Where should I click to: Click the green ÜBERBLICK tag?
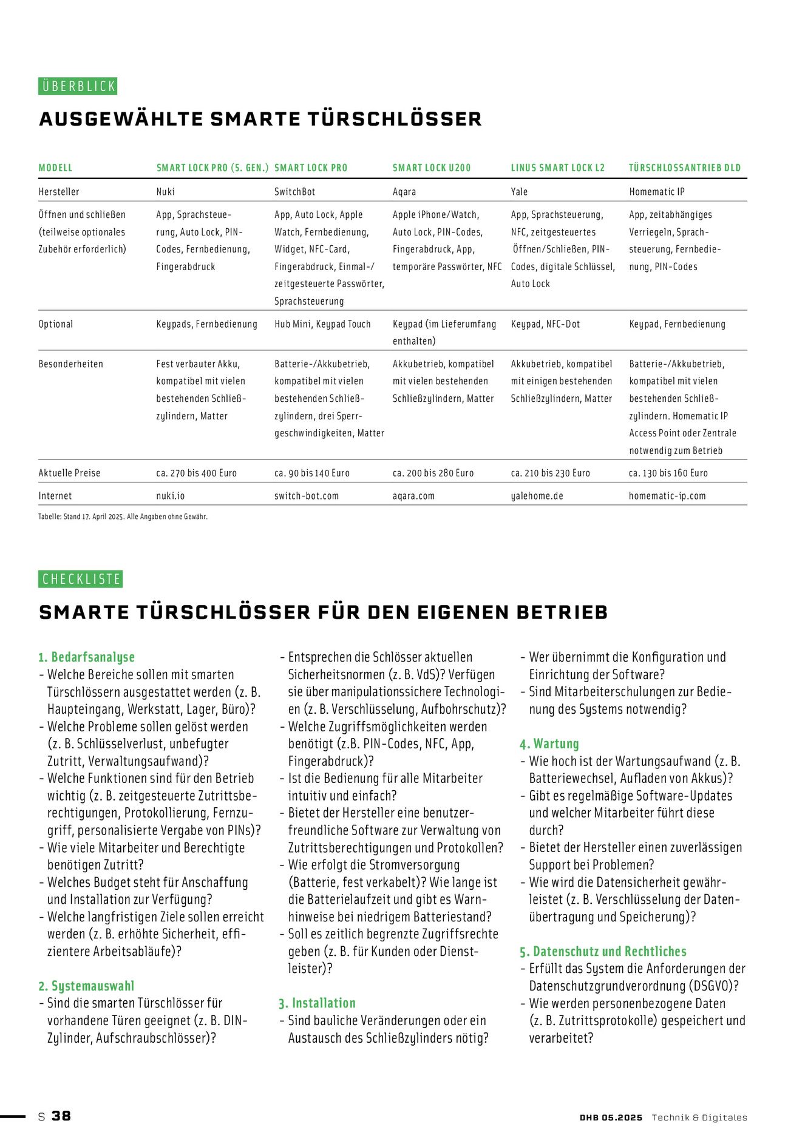click(78, 86)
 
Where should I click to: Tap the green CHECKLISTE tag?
click(80, 579)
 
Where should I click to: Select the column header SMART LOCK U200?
click(431, 168)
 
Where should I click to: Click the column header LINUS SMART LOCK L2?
click(557, 168)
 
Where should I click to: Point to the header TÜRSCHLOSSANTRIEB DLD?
click(684, 168)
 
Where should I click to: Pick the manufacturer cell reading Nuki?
click(165, 192)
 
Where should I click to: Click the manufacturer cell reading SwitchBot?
click(294, 192)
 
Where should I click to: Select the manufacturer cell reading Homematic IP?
click(656, 192)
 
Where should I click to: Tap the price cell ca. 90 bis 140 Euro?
click(311, 473)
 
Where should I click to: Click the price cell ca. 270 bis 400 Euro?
click(196, 473)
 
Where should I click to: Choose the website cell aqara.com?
click(413, 496)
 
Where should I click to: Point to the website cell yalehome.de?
click(537, 496)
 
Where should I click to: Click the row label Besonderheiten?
click(70, 364)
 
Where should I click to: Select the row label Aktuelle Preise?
click(69, 473)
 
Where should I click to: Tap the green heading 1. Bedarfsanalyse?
click(86, 657)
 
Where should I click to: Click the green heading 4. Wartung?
click(549, 743)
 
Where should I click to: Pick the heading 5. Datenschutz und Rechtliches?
click(603, 951)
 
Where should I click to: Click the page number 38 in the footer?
click(61, 1116)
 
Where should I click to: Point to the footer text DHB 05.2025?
click(610, 1117)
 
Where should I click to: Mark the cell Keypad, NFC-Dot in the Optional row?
click(545, 324)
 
